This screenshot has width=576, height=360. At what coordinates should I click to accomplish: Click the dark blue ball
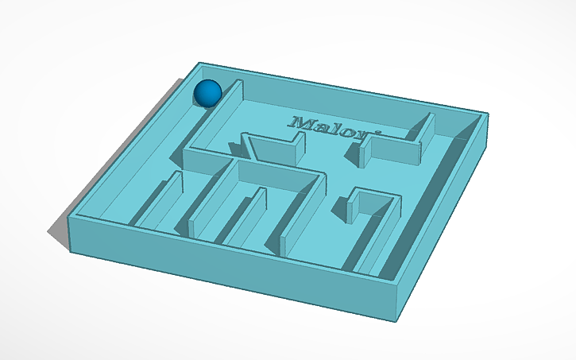coord(208,93)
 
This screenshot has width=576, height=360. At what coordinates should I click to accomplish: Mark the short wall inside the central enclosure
coord(246,215)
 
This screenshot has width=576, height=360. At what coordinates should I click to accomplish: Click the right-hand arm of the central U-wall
coord(306,211)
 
